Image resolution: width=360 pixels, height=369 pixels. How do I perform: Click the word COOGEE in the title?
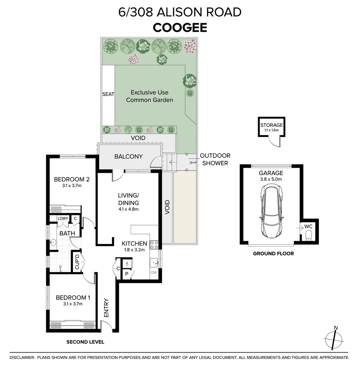point(180,27)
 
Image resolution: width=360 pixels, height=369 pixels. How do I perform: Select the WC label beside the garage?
point(308,226)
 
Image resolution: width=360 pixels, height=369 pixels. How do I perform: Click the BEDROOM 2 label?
point(71,179)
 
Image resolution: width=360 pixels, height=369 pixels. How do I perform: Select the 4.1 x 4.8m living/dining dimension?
point(129,209)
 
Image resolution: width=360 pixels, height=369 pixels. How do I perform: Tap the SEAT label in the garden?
point(108,94)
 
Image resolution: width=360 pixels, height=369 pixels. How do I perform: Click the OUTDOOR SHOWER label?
point(215,159)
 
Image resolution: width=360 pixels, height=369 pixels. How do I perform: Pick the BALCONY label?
point(128,156)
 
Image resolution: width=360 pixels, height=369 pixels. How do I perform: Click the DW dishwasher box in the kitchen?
point(155,272)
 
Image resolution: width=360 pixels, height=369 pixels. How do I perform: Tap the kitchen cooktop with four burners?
point(154,244)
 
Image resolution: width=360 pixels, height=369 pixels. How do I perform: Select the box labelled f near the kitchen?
point(127,264)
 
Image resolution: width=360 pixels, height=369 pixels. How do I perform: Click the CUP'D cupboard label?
point(77,262)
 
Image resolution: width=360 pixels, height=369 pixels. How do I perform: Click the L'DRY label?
point(63,219)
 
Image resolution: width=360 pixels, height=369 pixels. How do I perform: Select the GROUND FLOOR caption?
point(273,254)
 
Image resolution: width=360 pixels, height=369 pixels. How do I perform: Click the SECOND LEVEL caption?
point(85,342)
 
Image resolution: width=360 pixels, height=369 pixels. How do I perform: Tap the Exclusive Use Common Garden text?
point(149,96)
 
